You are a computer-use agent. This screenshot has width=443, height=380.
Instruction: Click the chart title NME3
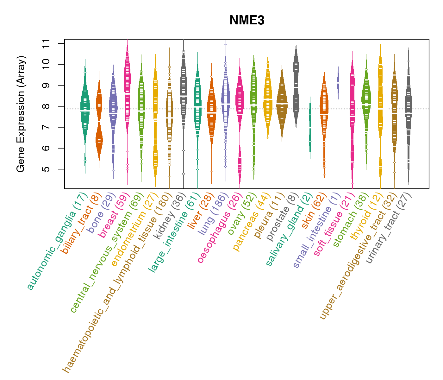tap(247, 20)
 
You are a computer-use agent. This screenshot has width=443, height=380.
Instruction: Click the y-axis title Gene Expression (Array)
tap(21, 114)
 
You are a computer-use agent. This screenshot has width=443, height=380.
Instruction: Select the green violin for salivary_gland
tap(310, 127)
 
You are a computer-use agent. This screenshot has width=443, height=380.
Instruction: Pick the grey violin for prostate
tap(296, 85)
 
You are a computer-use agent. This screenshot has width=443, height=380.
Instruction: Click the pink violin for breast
tap(127, 95)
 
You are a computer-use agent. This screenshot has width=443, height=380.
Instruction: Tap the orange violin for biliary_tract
tap(99, 120)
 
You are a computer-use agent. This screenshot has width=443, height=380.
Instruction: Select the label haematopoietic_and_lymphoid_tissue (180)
tap(117, 282)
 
